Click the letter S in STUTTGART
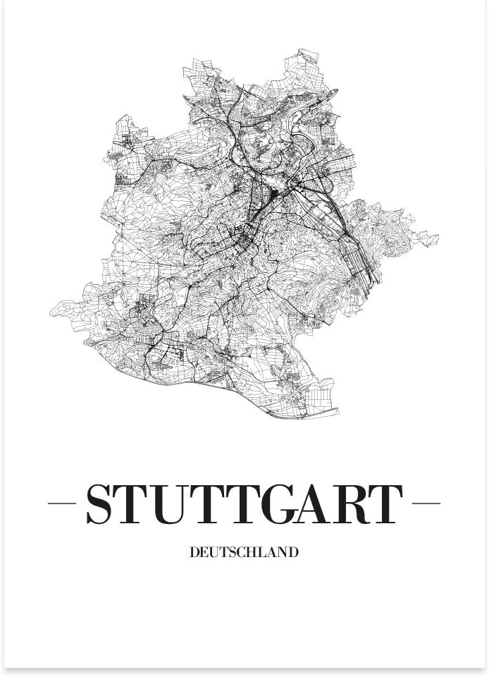101,504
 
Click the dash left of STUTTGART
61,504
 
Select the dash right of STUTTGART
426,504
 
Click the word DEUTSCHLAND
244,552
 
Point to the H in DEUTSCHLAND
254,552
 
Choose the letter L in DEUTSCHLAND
265,552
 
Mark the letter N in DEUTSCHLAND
283,552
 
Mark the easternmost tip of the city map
438,237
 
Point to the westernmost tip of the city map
50,310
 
